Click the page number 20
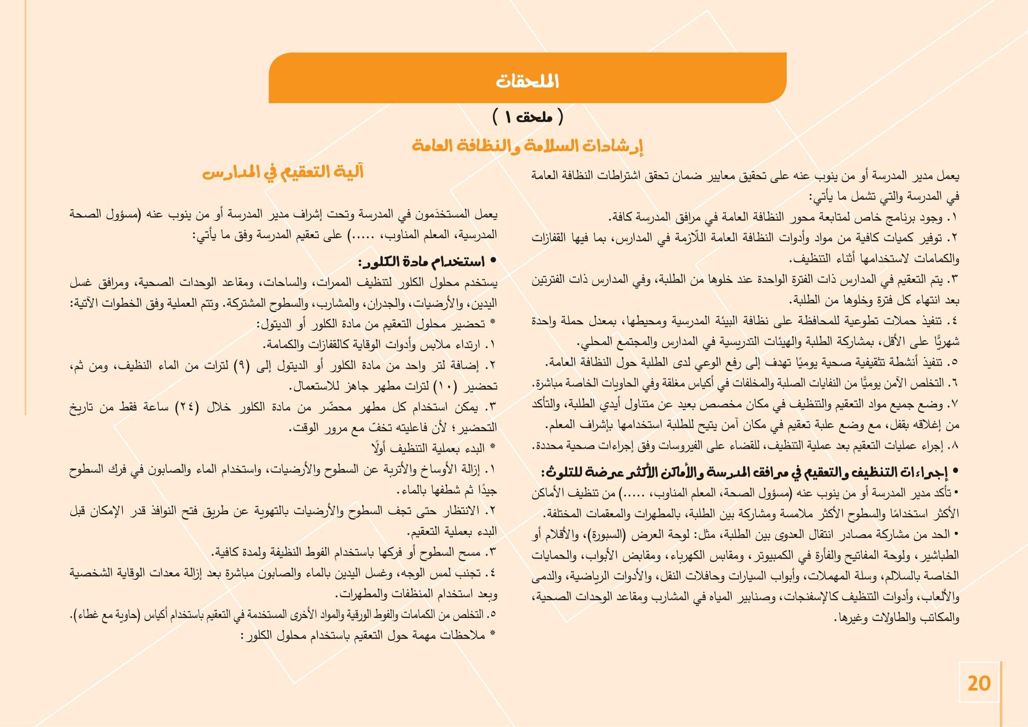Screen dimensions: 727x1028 pos(979,683)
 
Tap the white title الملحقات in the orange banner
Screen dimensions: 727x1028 pos(527,81)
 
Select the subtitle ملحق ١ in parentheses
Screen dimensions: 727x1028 pos(528,117)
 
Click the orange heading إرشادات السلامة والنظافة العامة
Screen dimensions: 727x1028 pos(527,146)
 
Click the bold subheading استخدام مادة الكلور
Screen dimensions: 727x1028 pos(422,262)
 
